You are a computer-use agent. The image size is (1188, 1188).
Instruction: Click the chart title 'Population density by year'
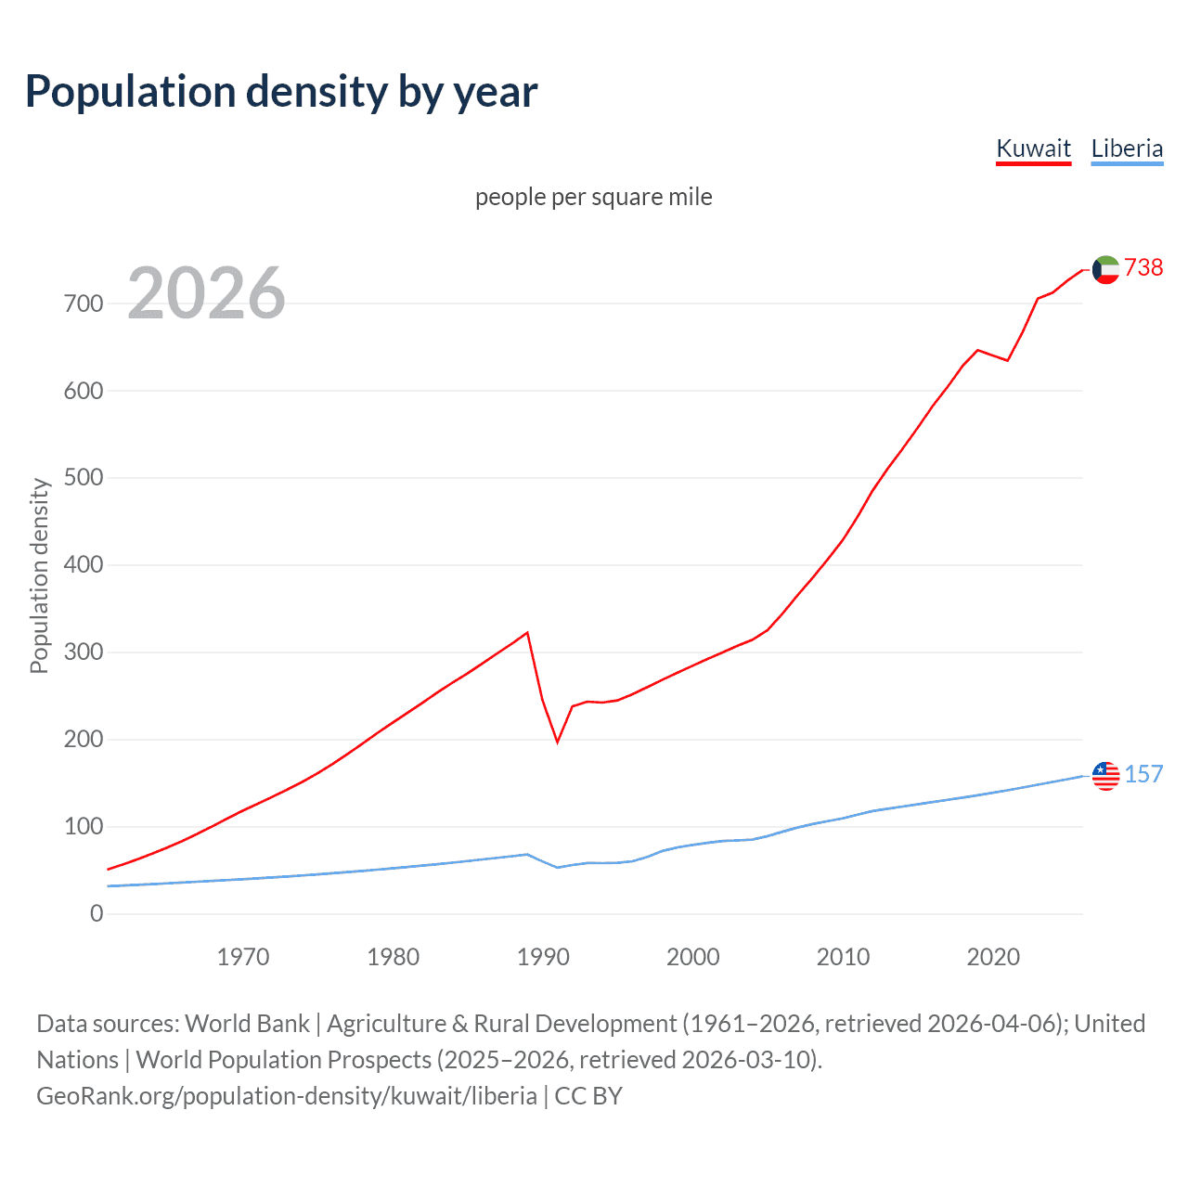(281, 92)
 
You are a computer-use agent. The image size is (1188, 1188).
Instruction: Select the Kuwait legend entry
(1033, 148)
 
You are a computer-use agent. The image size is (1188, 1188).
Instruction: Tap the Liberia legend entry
(1127, 148)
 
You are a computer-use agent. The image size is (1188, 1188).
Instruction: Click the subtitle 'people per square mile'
(593, 197)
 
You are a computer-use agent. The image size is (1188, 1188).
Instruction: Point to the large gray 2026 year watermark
(206, 293)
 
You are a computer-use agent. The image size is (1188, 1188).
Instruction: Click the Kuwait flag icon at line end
(1105, 269)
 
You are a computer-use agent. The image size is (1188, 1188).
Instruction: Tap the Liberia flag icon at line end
(1105, 775)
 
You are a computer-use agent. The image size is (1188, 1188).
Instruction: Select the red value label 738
(1143, 267)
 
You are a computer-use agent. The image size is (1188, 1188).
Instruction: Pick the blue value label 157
(1143, 774)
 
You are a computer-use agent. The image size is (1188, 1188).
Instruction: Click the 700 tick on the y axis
(84, 303)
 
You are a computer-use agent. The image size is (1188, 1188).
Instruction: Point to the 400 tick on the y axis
(84, 565)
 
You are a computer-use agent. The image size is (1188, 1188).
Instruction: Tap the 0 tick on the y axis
(97, 913)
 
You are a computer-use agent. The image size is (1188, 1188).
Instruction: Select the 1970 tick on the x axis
(243, 957)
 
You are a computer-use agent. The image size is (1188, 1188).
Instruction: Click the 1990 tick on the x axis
(543, 957)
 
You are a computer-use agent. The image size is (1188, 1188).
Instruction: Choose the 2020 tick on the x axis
(993, 957)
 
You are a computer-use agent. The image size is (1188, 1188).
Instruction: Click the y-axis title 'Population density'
(39, 575)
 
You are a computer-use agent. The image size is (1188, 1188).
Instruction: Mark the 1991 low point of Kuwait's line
(558, 742)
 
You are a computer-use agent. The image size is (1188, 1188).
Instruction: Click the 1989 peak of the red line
(527, 633)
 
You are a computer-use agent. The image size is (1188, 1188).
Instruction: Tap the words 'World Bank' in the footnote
(247, 1024)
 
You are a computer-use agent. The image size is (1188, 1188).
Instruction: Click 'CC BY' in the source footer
(588, 1096)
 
